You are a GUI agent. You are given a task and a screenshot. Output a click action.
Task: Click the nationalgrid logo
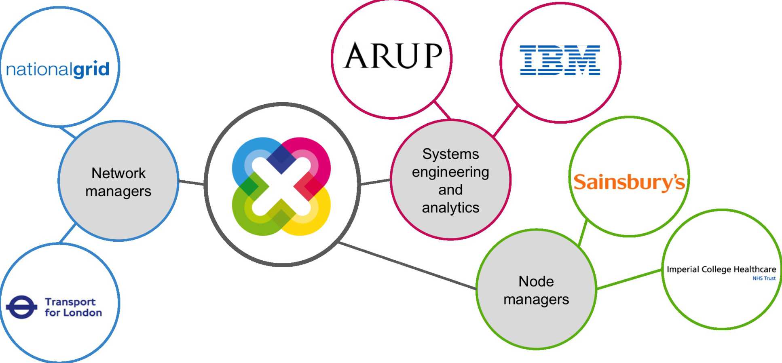pyautogui.click(x=57, y=70)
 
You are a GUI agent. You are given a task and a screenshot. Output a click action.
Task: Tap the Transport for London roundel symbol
pyautogui.click(x=21, y=307)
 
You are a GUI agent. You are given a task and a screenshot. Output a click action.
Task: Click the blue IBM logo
pyautogui.click(x=560, y=60)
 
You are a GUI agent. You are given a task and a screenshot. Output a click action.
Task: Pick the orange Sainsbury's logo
pyautogui.click(x=629, y=182)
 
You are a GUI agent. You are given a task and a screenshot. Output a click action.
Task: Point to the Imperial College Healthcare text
pyautogui.click(x=721, y=269)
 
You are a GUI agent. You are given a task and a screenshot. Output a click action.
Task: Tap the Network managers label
pyautogui.click(x=118, y=182)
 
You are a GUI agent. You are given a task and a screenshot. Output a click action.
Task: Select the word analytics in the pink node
pyautogui.click(x=450, y=208)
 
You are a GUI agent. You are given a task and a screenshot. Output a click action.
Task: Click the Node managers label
pyautogui.click(x=536, y=290)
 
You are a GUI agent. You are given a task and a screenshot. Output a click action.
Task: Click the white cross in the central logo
pyautogui.click(x=281, y=186)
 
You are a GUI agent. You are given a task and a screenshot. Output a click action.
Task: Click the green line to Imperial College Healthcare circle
pyautogui.click(x=629, y=279)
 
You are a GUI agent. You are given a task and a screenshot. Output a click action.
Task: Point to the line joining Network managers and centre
pyautogui.click(x=191, y=182)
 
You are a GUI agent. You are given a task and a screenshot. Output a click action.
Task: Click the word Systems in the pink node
pyautogui.click(x=450, y=154)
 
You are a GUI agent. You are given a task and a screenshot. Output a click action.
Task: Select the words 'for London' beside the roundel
pyautogui.click(x=73, y=313)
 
